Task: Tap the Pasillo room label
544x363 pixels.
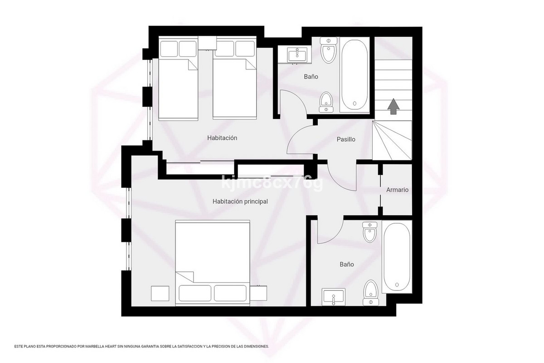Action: pyautogui.click(x=346, y=139)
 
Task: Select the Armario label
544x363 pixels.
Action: pyautogui.click(x=397, y=190)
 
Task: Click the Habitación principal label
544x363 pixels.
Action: pyautogui.click(x=240, y=201)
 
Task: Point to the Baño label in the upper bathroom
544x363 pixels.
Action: pyautogui.click(x=311, y=77)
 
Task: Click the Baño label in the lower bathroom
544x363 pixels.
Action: pyautogui.click(x=346, y=264)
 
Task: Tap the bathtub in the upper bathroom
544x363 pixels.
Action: pyautogui.click(x=355, y=75)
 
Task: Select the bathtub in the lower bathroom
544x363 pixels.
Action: pyautogui.click(x=397, y=257)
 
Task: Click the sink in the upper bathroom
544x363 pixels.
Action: pyautogui.click(x=297, y=55)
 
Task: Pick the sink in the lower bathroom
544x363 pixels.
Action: pyautogui.click(x=334, y=297)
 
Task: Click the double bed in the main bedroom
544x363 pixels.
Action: pyautogui.click(x=213, y=263)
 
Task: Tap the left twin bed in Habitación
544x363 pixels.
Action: pyautogui.click(x=178, y=79)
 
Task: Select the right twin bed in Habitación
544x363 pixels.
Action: pyautogui.click(x=235, y=78)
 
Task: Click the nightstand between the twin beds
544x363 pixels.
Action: pyautogui.click(x=207, y=43)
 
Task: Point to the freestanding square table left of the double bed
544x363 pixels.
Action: pyautogui.click(x=160, y=294)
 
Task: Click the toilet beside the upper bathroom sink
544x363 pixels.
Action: pyautogui.click(x=328, y=50)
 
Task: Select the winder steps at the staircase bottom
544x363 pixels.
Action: pyautogui.click(x=392, y=141)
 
